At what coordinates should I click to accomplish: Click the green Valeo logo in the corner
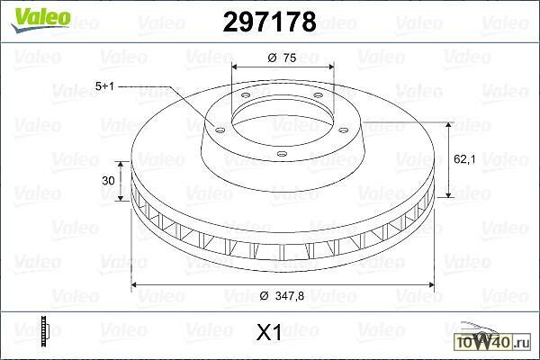point(40,20)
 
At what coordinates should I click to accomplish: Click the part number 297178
point(269,22)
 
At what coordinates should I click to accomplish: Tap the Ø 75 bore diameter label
point(282,58)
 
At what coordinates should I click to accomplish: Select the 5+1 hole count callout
point(104,85)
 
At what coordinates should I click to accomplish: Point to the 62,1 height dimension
point(464,159)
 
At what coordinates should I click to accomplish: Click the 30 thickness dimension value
point(108,181)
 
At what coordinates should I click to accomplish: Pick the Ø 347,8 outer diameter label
point(282,295)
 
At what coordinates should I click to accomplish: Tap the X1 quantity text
point(269,332)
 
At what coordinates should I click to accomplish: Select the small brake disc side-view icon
point(44,330)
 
